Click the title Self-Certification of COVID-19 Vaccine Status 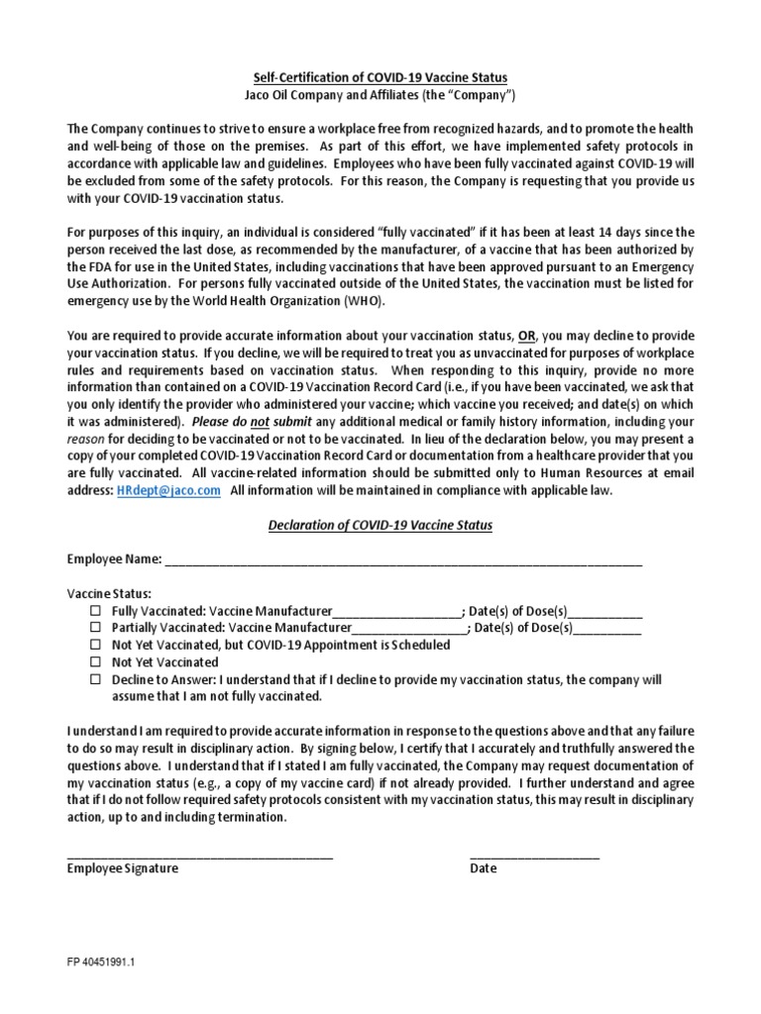tap(380, 77)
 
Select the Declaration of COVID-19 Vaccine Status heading tap(380, 525)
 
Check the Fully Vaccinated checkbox tap(95, 611)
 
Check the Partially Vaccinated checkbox tap(95, 628)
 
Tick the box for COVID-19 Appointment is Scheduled tap(95, 645)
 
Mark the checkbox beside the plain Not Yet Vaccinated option tap(95, 661)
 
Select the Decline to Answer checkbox tap(95, 679)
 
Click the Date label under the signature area tap(484, 869)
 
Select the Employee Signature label tap(123, 869)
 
